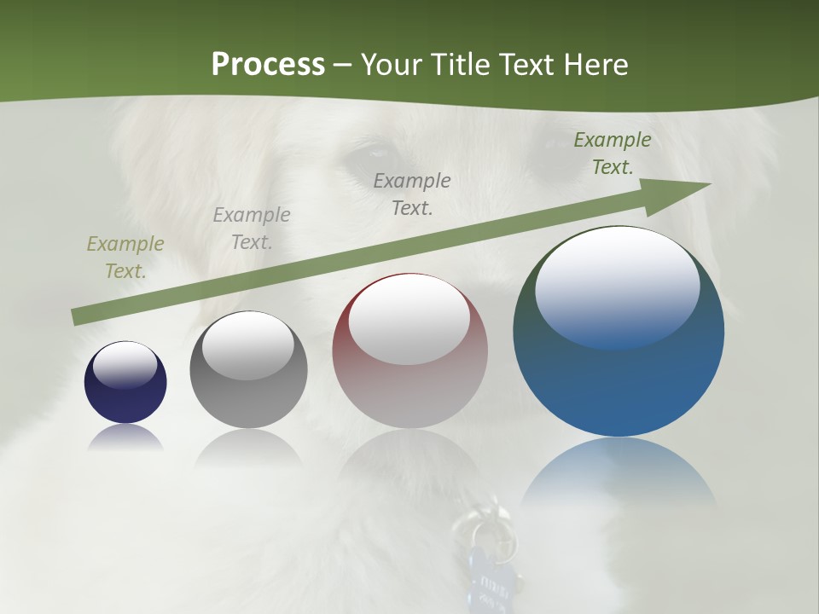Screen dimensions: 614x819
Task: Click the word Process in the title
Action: (268, 65)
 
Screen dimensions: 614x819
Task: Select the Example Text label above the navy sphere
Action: (125, 258)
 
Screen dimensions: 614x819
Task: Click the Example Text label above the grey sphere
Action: (252, 229)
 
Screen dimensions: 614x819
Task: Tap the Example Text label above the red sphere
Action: (412, 194)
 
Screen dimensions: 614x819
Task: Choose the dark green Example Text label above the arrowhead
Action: (613, 153)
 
